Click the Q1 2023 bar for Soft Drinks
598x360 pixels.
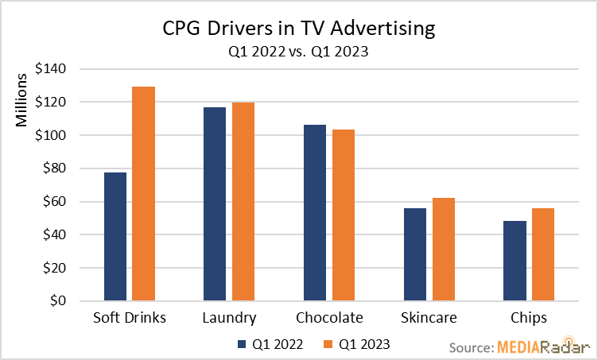click(144, 194)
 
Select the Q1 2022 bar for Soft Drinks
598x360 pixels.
click(115, 237)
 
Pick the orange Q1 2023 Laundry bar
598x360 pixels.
click(243, 202)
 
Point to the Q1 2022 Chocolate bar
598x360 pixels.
click(315, 213)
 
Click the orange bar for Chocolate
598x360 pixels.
click(344, 215)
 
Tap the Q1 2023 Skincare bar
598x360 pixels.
click(444, 250)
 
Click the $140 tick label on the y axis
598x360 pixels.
click(51, 69)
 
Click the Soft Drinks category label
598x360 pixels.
click(130, 318)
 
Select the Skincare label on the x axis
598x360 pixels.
click(429, 318)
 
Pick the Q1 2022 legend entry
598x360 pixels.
click(271, 344)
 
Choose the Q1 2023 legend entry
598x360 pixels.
click(357, 344)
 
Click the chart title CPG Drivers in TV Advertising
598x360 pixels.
click(299, 30)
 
